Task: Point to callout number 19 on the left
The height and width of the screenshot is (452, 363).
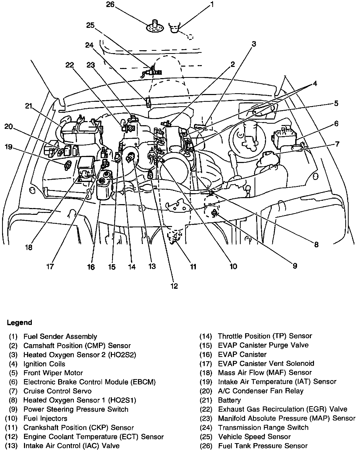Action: click(x=9, y=147)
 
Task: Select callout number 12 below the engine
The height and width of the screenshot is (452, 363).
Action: click(x=174, y=286)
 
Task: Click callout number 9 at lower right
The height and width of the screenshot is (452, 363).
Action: click(x=295, y=266)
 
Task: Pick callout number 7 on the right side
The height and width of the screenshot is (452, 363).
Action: click(x=337, y=144)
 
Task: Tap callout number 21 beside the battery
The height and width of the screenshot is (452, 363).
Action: click(x=29, y=106)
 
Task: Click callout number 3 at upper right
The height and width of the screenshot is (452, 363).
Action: click(x=254, y=44)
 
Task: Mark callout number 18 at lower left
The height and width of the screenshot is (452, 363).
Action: click(x=29, y=247)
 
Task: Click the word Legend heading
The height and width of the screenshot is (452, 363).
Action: click(x=20, y=323)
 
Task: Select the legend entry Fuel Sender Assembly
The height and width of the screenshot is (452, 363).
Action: click(x=60, y=337)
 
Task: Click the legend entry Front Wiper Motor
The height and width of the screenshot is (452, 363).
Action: click(x=53, y=373)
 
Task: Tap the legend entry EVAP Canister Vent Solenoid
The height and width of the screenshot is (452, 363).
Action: click(x=266, y=363)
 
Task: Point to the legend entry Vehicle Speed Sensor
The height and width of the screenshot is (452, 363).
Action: click(x=254, y=437)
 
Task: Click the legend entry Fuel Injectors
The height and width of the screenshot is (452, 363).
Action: click(x=45, y=418)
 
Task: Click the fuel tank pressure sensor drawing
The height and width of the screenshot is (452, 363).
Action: click(x=155, y=26)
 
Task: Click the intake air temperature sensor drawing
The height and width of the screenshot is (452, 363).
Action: click(x=68, y=165)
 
